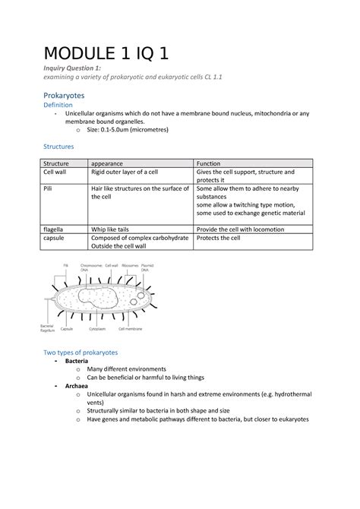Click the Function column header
209,163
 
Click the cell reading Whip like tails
114,229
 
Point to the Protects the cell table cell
219,238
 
